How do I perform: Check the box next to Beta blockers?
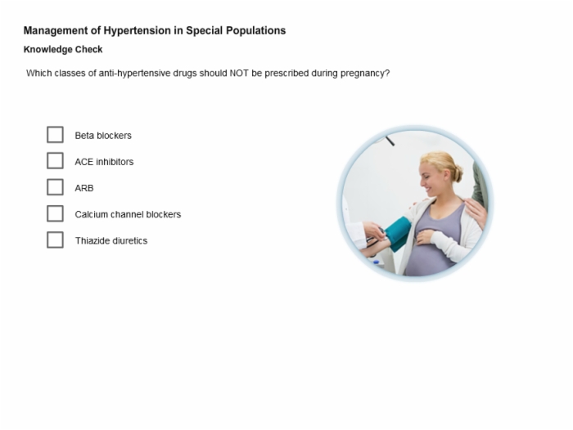(55, 135)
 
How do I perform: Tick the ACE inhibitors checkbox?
(55, 161)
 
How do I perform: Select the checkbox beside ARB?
(55, 187)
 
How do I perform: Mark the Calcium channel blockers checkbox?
(55, 213)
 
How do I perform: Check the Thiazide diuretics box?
(55, 240)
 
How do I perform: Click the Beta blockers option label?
(103, 136)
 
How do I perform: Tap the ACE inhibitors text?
(104, 162)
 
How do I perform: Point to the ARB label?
(84, 188)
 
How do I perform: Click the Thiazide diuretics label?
(111, 240)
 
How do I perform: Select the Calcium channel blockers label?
(128, 214)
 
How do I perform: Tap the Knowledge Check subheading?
(63, 49)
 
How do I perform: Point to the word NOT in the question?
(239, 73)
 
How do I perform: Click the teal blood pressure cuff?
(398, 233)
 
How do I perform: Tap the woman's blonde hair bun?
(458, 173)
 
